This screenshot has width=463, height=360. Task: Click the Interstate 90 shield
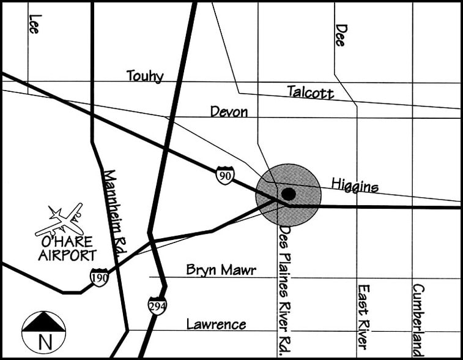(x=224, y=176)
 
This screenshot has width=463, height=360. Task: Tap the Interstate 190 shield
(x=100, y=278)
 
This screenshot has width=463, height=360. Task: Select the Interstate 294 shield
(x=157, y=306)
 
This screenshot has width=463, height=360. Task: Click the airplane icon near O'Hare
(x=59, y=220)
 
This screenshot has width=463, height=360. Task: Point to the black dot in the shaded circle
(x=289, y=194)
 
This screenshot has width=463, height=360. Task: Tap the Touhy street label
(x=145, y=76)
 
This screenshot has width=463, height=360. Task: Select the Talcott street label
(x=311, y=92)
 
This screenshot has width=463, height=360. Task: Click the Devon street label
(x=229, y=112)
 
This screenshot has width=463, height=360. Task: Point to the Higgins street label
(x=355, y=184)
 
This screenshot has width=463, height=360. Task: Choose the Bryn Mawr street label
(x=221, y=270)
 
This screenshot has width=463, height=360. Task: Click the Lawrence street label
(x=216, y=324)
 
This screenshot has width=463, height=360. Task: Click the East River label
(x=363, y=316)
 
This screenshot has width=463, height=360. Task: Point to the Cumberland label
(x=418, y=319)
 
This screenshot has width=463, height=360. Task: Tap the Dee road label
(x=341, y=35)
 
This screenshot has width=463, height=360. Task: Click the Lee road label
(x=34, y=23)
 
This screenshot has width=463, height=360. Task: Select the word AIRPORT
(x=67, y=255)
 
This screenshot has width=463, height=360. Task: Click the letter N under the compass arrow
(x=44, y=341)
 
